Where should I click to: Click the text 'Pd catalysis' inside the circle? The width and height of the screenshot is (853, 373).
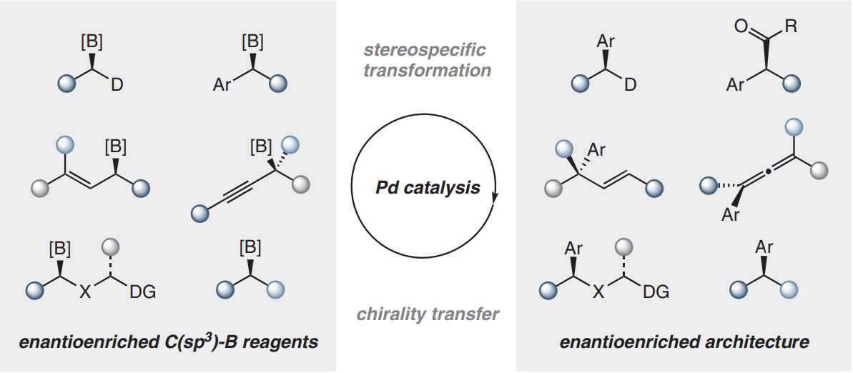[x=428, y=188]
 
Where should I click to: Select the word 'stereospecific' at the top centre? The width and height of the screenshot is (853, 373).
[x=424, y=51]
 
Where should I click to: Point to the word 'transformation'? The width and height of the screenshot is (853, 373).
[x=427, y=70]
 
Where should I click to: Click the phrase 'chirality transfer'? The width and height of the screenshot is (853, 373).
[x=427, y=314]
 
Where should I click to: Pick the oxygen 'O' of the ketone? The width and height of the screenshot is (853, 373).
[x=741, y=26]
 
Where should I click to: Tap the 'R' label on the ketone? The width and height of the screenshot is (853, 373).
[x=791, y=26]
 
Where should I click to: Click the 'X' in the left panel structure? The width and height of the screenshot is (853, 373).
[x=85, y=292]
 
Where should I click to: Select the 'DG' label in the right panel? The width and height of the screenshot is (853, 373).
[x=656, y=292]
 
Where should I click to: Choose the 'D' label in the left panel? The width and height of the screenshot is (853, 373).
[x=117, y=85]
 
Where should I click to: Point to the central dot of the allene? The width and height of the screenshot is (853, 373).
[x=768, y=172]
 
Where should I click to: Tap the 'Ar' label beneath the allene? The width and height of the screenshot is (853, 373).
[x=730, y=215]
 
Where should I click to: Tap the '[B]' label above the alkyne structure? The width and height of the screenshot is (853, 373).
[x=261, y=146]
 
